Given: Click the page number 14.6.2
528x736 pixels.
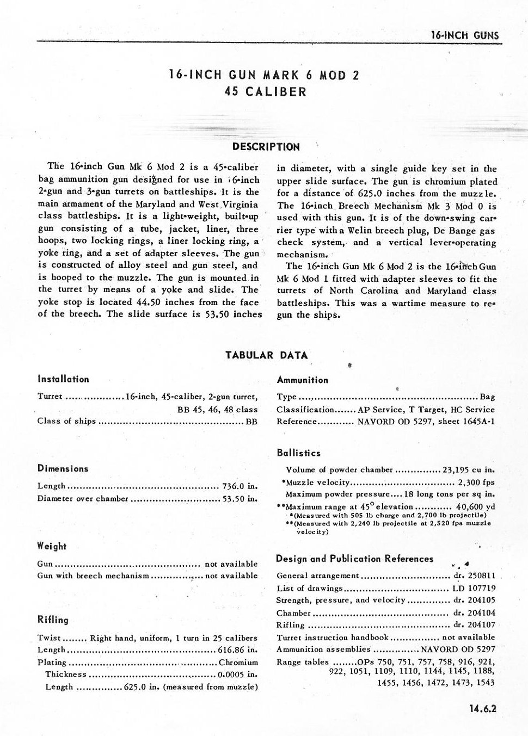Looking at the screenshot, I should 482,708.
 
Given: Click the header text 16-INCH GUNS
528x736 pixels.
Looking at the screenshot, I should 464,36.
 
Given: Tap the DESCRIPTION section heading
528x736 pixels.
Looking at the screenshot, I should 266,147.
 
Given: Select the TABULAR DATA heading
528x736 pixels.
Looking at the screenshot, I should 267,356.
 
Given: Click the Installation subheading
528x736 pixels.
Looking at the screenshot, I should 63,379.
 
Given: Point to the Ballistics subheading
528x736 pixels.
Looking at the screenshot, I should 298,453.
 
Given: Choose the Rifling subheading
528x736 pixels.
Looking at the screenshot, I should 53,620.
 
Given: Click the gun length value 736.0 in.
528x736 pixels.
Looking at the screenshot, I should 240,486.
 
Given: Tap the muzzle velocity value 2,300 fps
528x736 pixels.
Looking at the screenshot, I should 476,483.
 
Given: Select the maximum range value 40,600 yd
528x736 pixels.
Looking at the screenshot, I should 475,507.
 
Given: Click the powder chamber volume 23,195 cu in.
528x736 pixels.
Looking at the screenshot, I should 468,470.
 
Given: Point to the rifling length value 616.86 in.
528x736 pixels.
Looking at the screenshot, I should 237,650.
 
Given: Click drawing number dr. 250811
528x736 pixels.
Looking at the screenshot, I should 474,576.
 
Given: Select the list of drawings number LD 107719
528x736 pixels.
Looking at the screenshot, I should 474,588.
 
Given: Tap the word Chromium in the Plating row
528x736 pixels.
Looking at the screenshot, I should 238,663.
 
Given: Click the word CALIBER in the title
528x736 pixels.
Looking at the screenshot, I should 276,92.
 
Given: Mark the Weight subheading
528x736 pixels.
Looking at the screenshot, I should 52,546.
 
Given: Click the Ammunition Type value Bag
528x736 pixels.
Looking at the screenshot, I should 487,397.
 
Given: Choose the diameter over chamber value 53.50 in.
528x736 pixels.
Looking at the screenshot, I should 240,499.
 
